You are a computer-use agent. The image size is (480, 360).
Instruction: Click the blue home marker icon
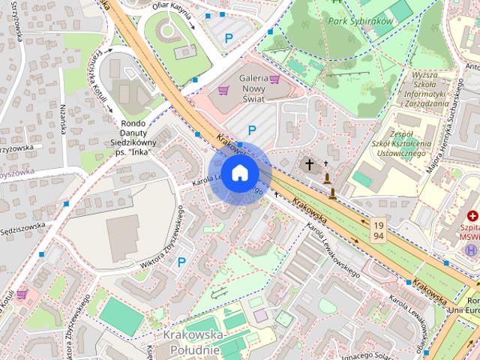[240, 173]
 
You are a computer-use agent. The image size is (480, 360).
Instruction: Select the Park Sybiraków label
[360, 22]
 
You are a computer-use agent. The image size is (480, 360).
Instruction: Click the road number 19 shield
[379, 224]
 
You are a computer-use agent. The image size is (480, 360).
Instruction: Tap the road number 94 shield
[379, 236]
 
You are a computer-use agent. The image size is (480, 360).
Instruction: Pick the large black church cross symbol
[309, 163]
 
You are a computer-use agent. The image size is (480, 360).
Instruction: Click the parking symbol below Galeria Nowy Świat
[252, 130]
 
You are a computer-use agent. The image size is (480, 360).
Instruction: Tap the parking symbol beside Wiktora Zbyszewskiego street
[181, 262]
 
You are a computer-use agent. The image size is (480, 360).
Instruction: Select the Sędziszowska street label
[22, 229]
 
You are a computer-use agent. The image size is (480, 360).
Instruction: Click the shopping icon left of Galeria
[223, 90]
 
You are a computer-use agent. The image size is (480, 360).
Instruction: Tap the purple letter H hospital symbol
[471, 250]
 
